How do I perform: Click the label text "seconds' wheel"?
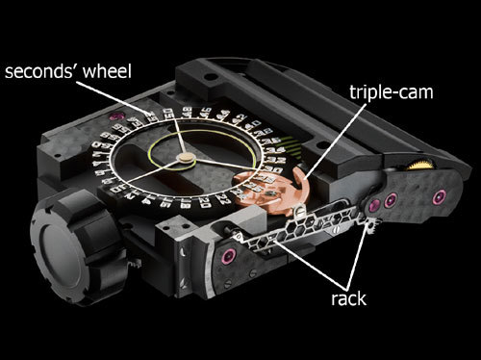click(x=68, y=71)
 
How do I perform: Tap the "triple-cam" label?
click(x=392, y=92)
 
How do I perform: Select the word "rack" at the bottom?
click(x=348, y=298)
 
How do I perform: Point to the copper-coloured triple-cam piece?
click(x=272, y=191)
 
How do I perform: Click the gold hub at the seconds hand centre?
click(x=187, y=158)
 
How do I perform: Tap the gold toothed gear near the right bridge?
click(x=421, y=166)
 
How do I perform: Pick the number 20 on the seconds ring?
click(x=204, y=202)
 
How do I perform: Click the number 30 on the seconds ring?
click(x=272, y=168)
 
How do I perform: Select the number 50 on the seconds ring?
click(x=167, y=113)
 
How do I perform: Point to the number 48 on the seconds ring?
click(x=187, y=113)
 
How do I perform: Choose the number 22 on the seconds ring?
click(x=224, y=199)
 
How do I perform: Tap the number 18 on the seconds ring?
click(x=186, y=204)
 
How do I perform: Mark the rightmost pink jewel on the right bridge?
click(x=439, y=196)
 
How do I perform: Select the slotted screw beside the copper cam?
click(x=298, y=212)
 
